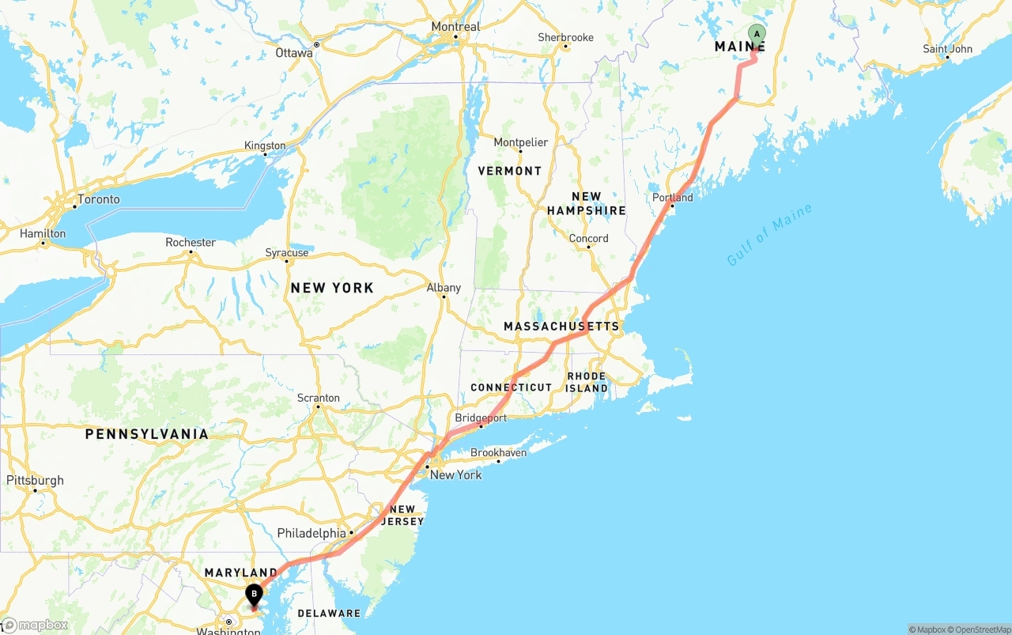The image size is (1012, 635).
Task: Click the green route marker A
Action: point(757,34)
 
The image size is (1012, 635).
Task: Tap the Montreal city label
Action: point(455,27)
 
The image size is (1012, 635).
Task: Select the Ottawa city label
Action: point(294,53)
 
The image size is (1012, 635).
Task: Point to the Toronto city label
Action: point(99,199)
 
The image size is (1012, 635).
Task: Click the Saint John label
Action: point(947,49)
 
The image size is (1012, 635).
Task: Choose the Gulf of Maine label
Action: point(769,235)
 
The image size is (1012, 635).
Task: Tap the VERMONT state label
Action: point(510,171)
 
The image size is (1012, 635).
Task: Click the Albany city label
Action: point(444,288)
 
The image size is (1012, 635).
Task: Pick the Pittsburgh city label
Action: point(35,480)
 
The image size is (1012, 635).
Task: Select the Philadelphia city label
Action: point(312,534)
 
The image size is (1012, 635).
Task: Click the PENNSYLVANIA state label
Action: point(147,434)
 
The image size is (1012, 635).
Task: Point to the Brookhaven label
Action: point(498,453)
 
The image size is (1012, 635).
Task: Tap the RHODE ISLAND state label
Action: point(587,382)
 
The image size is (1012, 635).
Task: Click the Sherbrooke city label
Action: point(565,37)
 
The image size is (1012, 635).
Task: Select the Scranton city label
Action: point(319,398)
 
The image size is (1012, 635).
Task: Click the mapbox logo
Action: point(35,626)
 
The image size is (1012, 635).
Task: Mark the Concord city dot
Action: point(588,247)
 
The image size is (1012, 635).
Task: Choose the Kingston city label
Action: point(265,146)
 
